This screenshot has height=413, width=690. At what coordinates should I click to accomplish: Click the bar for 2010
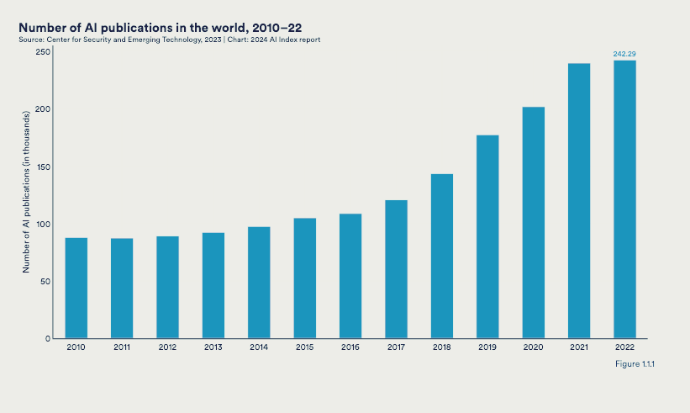pyautogui.click(x=76, y=288)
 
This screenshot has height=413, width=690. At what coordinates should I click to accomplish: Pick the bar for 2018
pyautogui.click(x=442, y=256)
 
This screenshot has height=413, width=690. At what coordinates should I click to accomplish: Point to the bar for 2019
pyautogui.click(x=487, y=236)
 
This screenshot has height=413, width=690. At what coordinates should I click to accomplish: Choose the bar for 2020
pyautogui.click(x=534, y=222)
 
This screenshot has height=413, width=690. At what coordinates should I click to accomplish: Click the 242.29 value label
pyautogui.click(x=624, y=54)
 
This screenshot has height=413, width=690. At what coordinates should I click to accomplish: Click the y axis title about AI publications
pyautogui.click(x=26, y=195)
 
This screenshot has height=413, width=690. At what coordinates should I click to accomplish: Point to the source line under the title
pyautogui.click(x=168, y=40)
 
